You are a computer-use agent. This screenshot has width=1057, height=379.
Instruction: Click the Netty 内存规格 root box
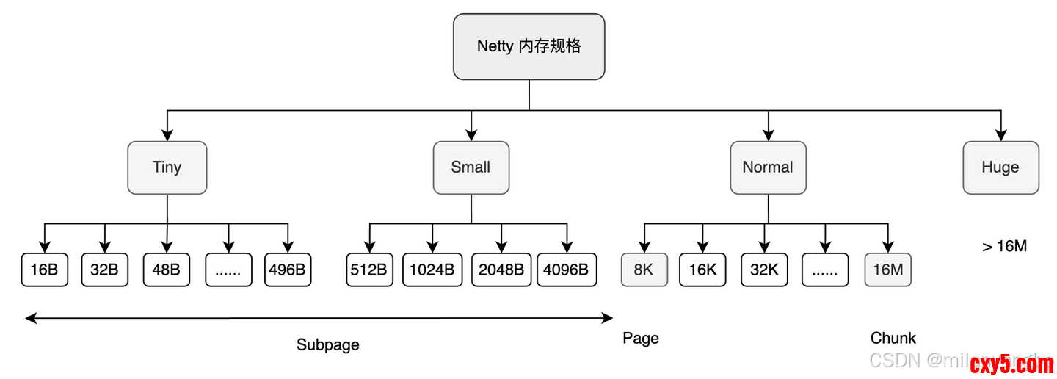point(528,46)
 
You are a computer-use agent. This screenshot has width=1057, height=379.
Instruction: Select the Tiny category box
point(167,167)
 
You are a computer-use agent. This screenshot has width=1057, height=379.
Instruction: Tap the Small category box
point(471,167)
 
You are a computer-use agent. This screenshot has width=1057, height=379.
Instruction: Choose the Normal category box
point(768,167)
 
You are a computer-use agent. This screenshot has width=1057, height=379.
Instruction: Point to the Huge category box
point(1000,167)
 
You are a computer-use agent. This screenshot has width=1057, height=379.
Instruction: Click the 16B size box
point(44,270)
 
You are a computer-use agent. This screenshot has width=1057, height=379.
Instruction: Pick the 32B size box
point(104,270)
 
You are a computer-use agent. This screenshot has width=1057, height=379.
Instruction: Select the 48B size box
point(166,270)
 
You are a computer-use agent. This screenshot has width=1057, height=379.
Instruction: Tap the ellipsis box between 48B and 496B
point(228,270)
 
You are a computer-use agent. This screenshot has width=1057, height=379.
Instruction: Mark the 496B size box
point(287,270)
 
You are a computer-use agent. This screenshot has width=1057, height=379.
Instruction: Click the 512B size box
point(368,270)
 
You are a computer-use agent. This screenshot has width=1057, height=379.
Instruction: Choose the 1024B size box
point(432,270)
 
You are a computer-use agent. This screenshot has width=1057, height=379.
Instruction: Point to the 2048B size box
point(501,270)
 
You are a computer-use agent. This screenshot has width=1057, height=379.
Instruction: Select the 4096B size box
point(566,270)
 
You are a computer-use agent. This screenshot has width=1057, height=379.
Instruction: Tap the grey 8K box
point(644,270)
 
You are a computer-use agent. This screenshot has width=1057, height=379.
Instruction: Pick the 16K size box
point(702,270)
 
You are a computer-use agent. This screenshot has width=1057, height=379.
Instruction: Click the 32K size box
point(764,270)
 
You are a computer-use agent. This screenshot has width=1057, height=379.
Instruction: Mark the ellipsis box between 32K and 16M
point(825,270)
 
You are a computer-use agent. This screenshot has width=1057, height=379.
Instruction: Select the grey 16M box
point(887,270)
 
